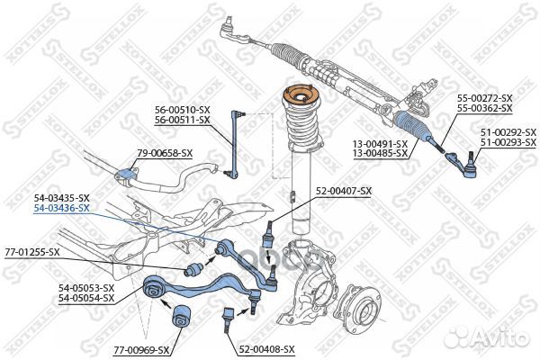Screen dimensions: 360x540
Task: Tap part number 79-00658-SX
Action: pos(165,153)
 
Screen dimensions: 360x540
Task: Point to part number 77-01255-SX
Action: pos(31,251)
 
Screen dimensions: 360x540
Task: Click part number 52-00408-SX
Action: pos(266,347)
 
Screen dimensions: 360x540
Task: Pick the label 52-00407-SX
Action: pos(342,191)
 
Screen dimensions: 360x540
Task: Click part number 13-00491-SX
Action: pos(379,143)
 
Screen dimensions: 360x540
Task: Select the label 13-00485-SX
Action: pos(379,153)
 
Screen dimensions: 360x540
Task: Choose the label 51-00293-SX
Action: pos(508,143)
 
